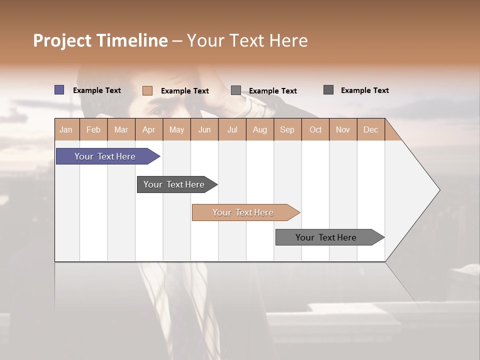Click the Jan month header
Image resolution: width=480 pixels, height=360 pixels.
tap(66, 130)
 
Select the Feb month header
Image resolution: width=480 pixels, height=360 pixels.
tap(93, 130)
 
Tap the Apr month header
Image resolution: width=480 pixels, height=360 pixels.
tap(149, 130)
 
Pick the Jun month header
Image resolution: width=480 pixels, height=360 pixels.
tap(204, 130)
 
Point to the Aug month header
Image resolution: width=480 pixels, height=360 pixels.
tap(260, 130)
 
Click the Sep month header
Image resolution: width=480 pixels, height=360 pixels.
tap(287, 130)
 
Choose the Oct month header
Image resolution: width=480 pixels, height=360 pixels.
tap(315, 130)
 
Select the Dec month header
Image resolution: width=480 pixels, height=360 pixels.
tap(371, 130)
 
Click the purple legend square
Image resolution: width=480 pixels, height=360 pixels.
tap(59, 90)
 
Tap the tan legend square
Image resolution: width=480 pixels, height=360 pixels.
tap(147, 90)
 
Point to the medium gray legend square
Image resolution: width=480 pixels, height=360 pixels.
tap(236, 90)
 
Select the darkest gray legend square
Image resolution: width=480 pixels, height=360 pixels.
tap(328, 90)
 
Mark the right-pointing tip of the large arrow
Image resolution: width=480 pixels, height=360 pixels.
tap(438, 190)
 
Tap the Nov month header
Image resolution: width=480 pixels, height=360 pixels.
tap(343, 130)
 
